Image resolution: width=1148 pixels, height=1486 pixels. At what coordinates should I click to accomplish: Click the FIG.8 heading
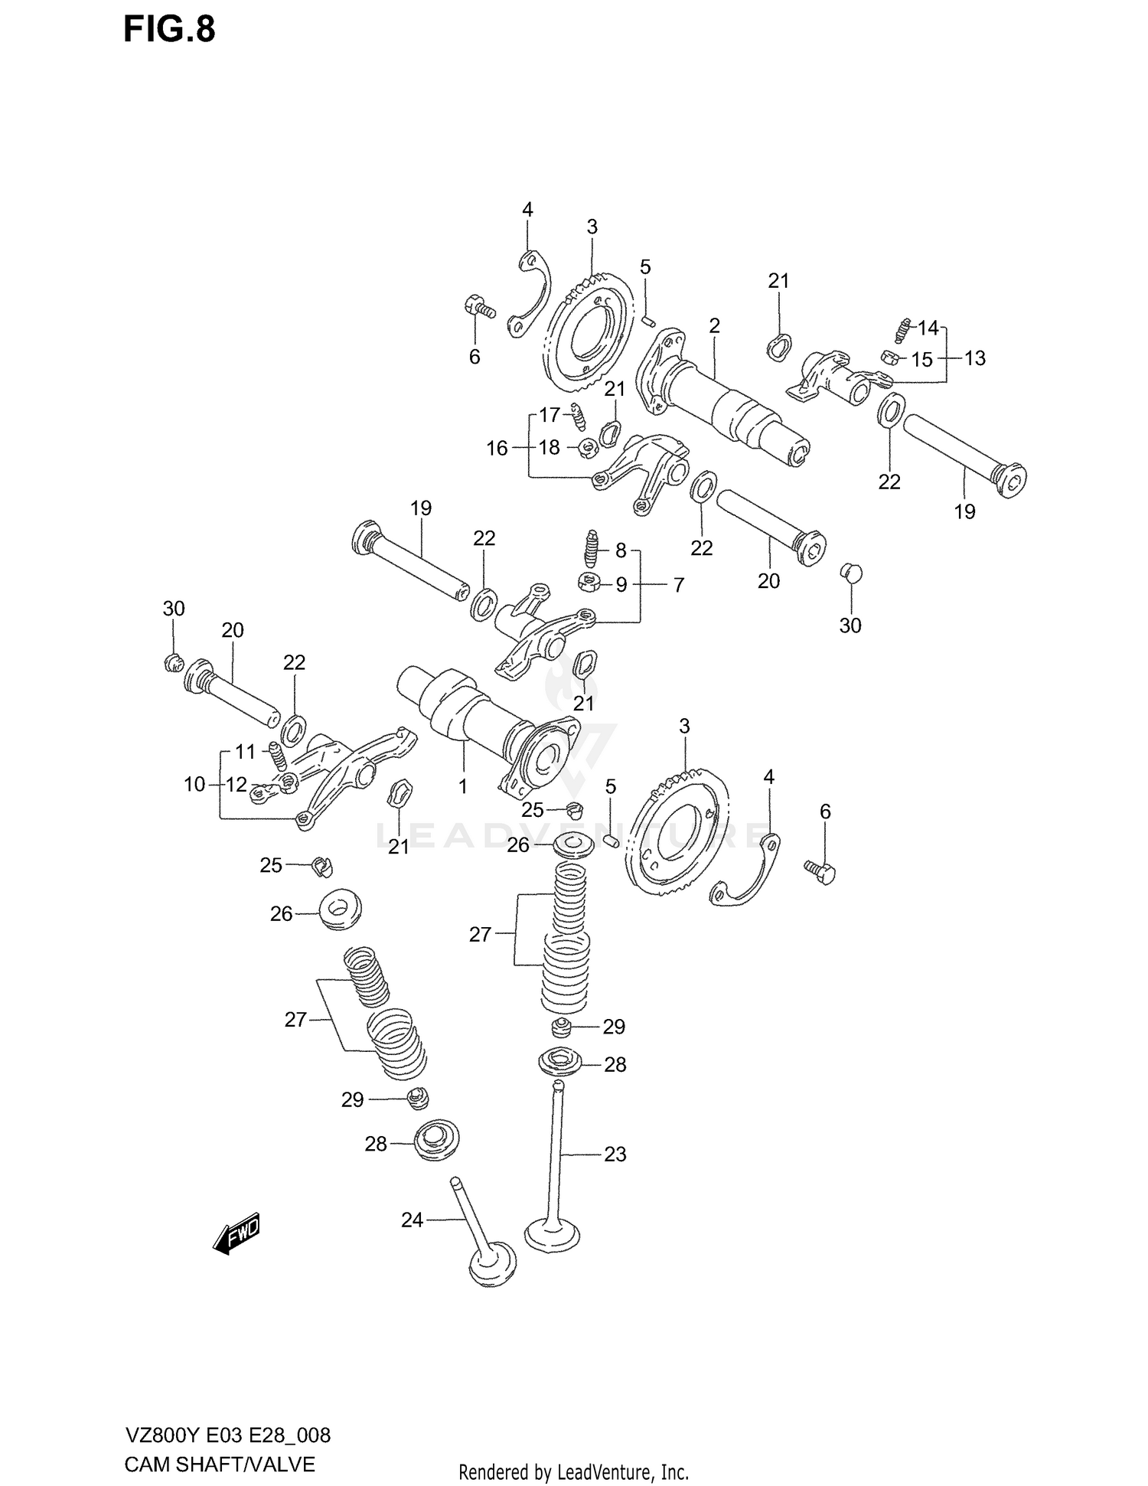169,30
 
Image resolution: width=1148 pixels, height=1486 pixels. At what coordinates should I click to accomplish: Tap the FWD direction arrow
237,1233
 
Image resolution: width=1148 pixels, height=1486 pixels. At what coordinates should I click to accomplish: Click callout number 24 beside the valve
412,1220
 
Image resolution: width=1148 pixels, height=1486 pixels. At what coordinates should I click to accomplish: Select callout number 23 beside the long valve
615,1154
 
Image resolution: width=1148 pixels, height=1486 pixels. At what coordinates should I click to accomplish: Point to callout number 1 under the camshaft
462,786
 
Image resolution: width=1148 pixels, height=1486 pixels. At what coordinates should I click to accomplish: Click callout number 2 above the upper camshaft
714,326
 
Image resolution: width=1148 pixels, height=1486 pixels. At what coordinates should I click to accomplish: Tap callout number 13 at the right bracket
974,358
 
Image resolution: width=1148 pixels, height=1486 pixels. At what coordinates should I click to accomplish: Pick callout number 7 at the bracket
678,585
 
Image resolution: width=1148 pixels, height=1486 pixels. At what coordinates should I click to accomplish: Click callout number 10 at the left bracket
194,784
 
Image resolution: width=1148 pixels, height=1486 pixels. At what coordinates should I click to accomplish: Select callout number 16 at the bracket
497,448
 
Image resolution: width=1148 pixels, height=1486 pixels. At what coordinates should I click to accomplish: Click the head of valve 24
491,1272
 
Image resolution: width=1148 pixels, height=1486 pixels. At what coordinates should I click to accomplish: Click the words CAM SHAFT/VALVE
219,1465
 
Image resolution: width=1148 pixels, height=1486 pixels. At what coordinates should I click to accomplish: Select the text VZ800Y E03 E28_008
227,1434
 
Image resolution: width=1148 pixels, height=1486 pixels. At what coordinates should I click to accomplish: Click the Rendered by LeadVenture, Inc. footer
573,1471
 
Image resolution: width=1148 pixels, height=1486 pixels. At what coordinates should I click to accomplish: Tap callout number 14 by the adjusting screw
928,328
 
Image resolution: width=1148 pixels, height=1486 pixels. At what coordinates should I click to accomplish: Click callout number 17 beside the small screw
550,415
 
